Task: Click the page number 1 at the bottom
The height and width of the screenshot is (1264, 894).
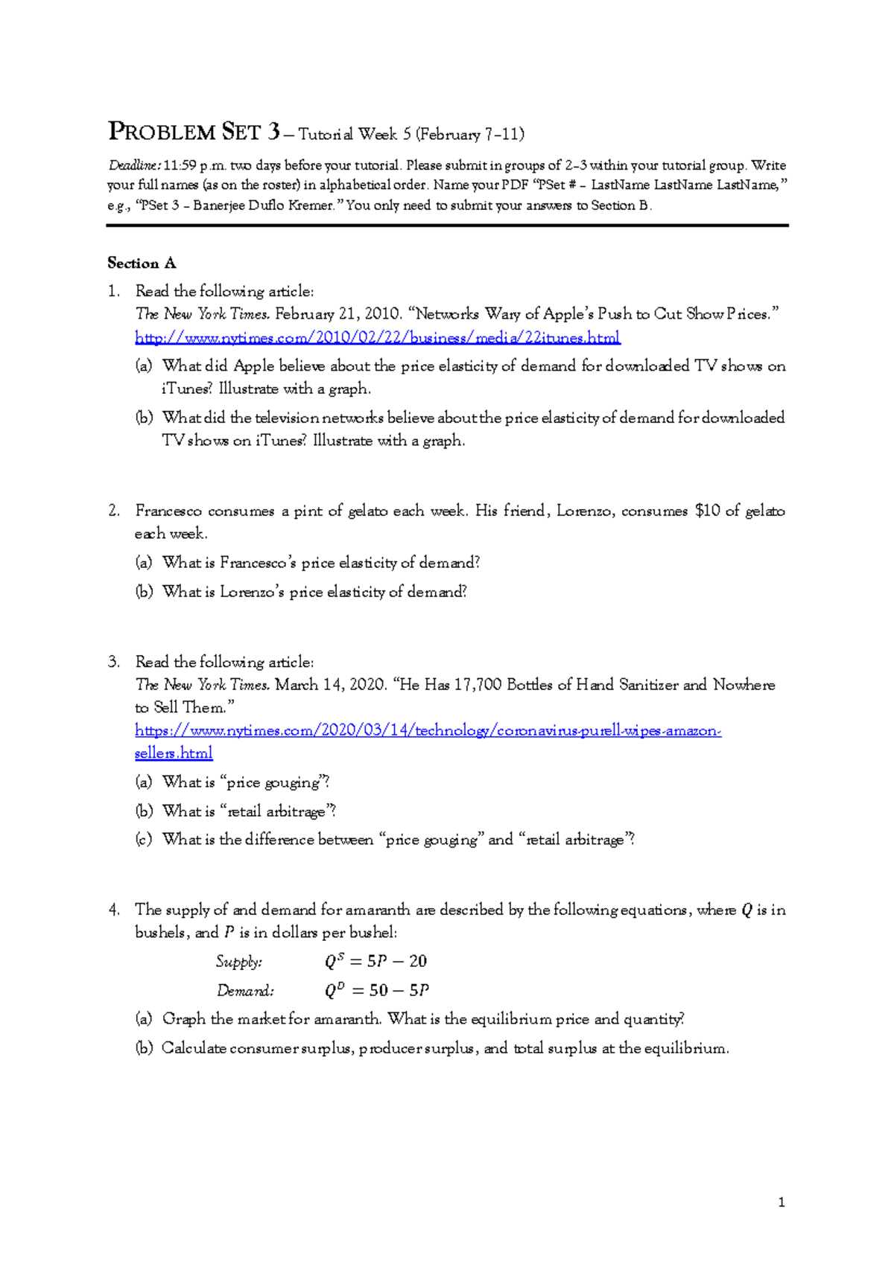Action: click(781, 1202)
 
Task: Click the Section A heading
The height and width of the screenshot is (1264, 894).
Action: click(142, 263)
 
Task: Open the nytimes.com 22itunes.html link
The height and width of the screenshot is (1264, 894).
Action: click(377, 338)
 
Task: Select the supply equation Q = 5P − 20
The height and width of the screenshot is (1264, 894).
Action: click(375, 961)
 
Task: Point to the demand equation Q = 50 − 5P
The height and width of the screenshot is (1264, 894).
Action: click(377, 990)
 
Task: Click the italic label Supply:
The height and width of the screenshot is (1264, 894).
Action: click(238, 961)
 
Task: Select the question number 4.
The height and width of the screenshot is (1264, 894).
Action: click(113, 910)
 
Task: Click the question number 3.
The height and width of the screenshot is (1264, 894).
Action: click(113, 662)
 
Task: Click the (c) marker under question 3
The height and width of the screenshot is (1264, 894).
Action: click(143, 840)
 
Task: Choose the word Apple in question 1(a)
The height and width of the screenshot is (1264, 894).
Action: click(254, 366)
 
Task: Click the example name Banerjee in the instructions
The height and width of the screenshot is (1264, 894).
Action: click(221, 205)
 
